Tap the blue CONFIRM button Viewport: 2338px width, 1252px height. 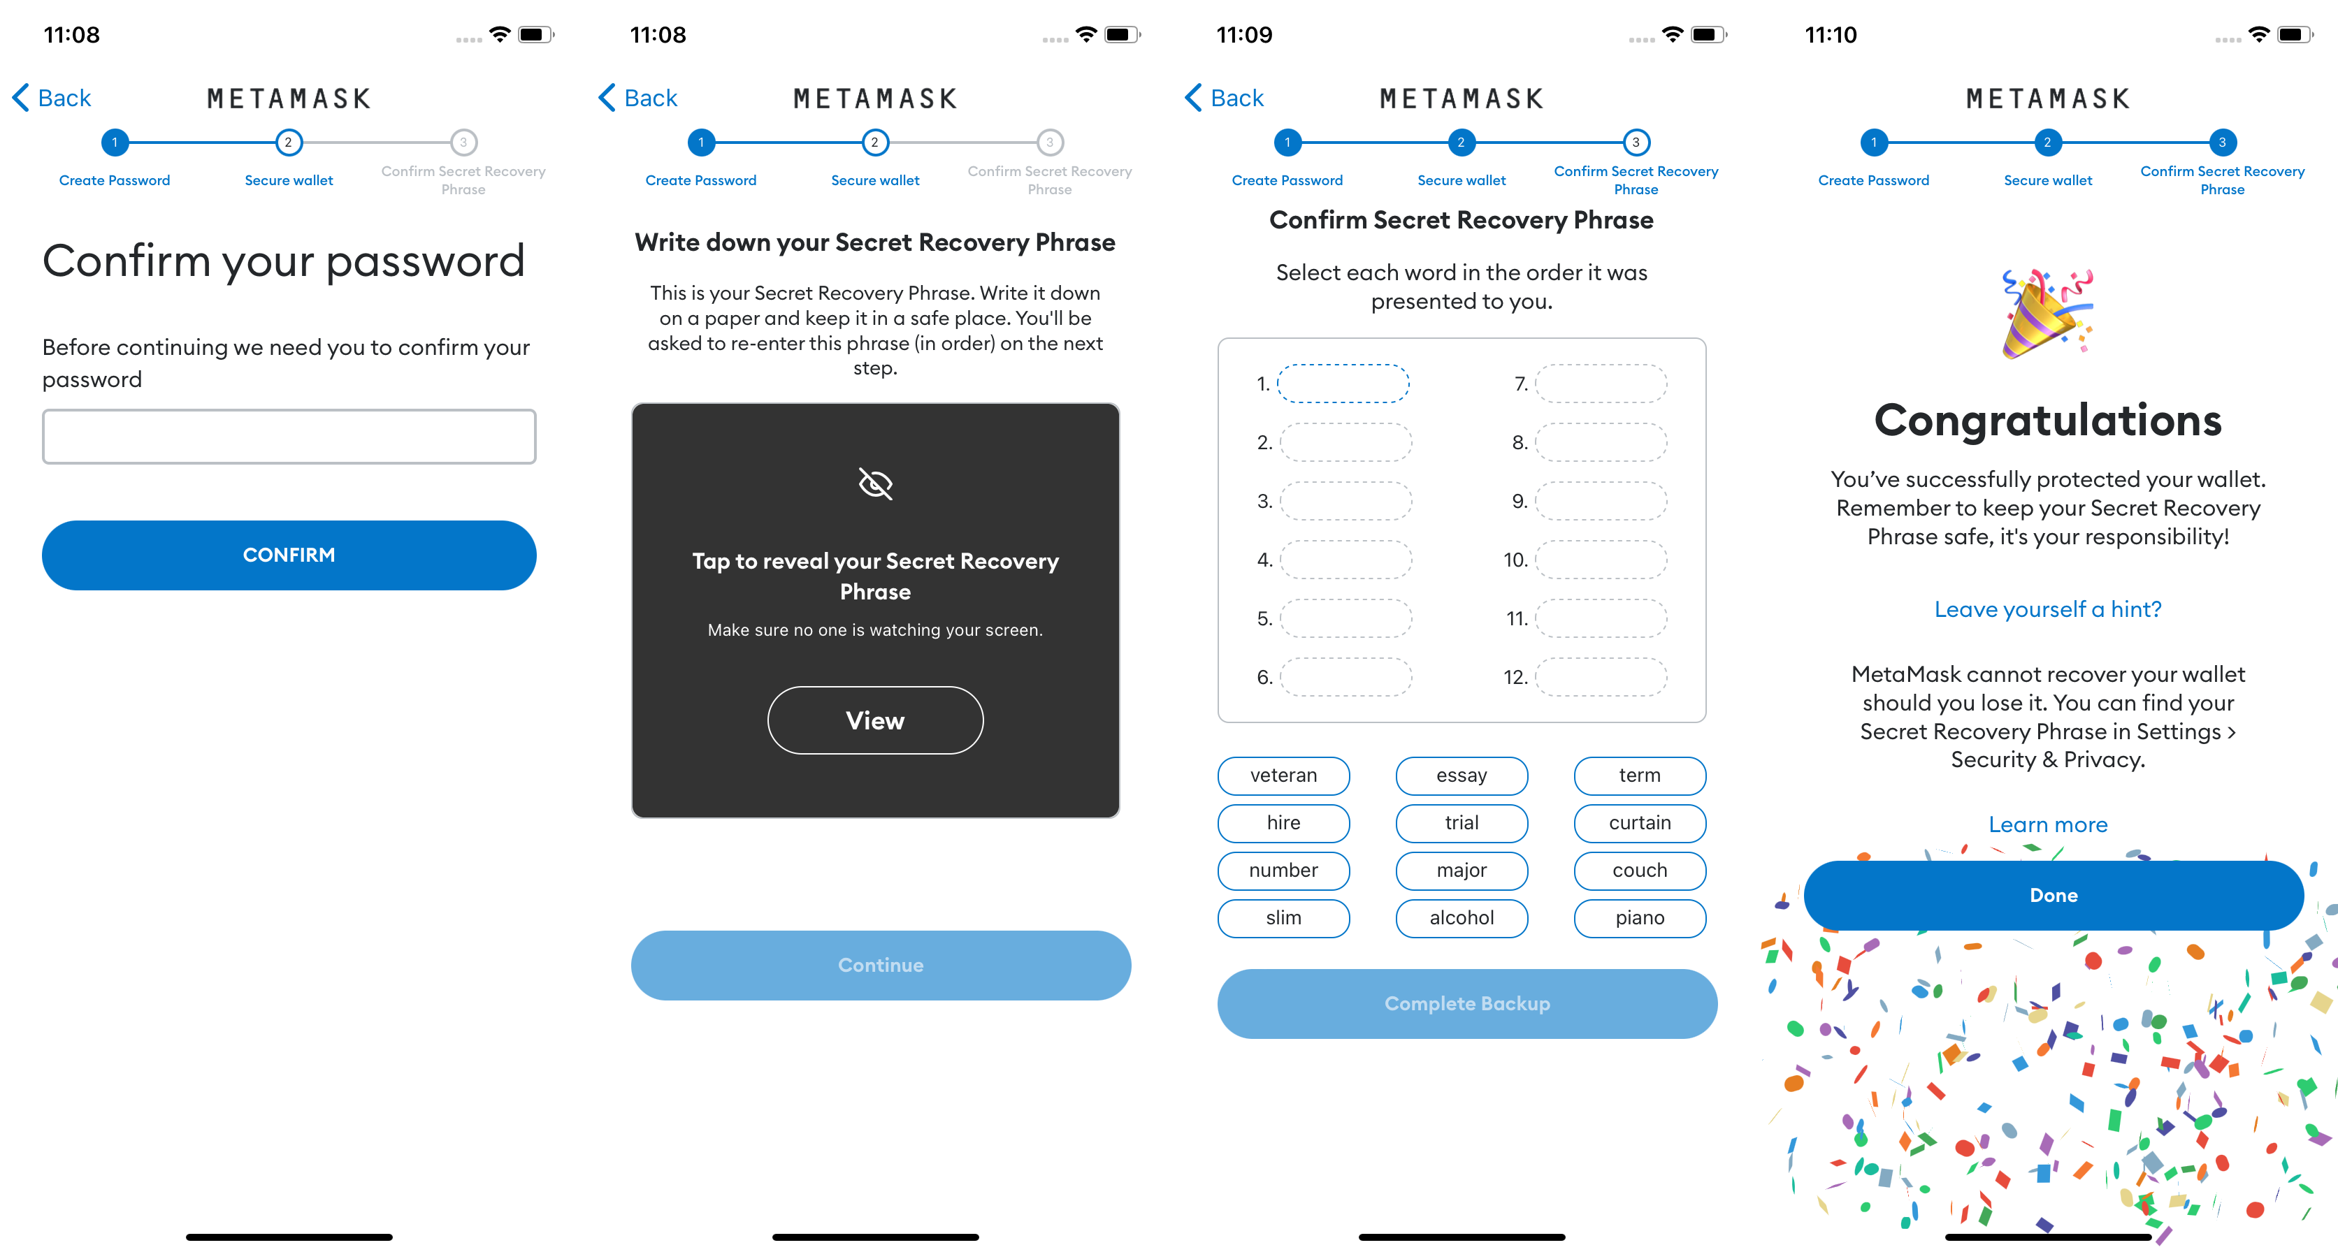click(289, 555)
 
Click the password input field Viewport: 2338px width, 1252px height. click(289, 437)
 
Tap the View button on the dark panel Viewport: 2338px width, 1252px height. click(875, 720)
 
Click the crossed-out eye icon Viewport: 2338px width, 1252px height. click(875, 483)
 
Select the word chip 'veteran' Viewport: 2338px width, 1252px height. click(1283, 776)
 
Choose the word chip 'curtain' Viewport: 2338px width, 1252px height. click(1639, 823)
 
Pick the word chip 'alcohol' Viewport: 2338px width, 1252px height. click(1462, 918)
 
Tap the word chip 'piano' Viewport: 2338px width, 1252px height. click(1639, 918)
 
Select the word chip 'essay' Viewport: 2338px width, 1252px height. click(1462, 776)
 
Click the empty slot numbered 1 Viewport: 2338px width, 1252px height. click(1343, 384)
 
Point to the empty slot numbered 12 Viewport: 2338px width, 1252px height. click(1601, 677)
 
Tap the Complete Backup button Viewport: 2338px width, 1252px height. click(1466, 1003)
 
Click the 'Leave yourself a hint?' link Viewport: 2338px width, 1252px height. click(2047, 610)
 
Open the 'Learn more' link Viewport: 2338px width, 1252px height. click(2047, 824)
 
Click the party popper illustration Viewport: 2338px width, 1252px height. click(2047, 313)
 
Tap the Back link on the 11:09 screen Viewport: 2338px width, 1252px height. click(1225, 98)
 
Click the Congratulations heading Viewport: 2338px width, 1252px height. click(2047, 420)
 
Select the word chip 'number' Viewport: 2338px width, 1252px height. click(1283, 871)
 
